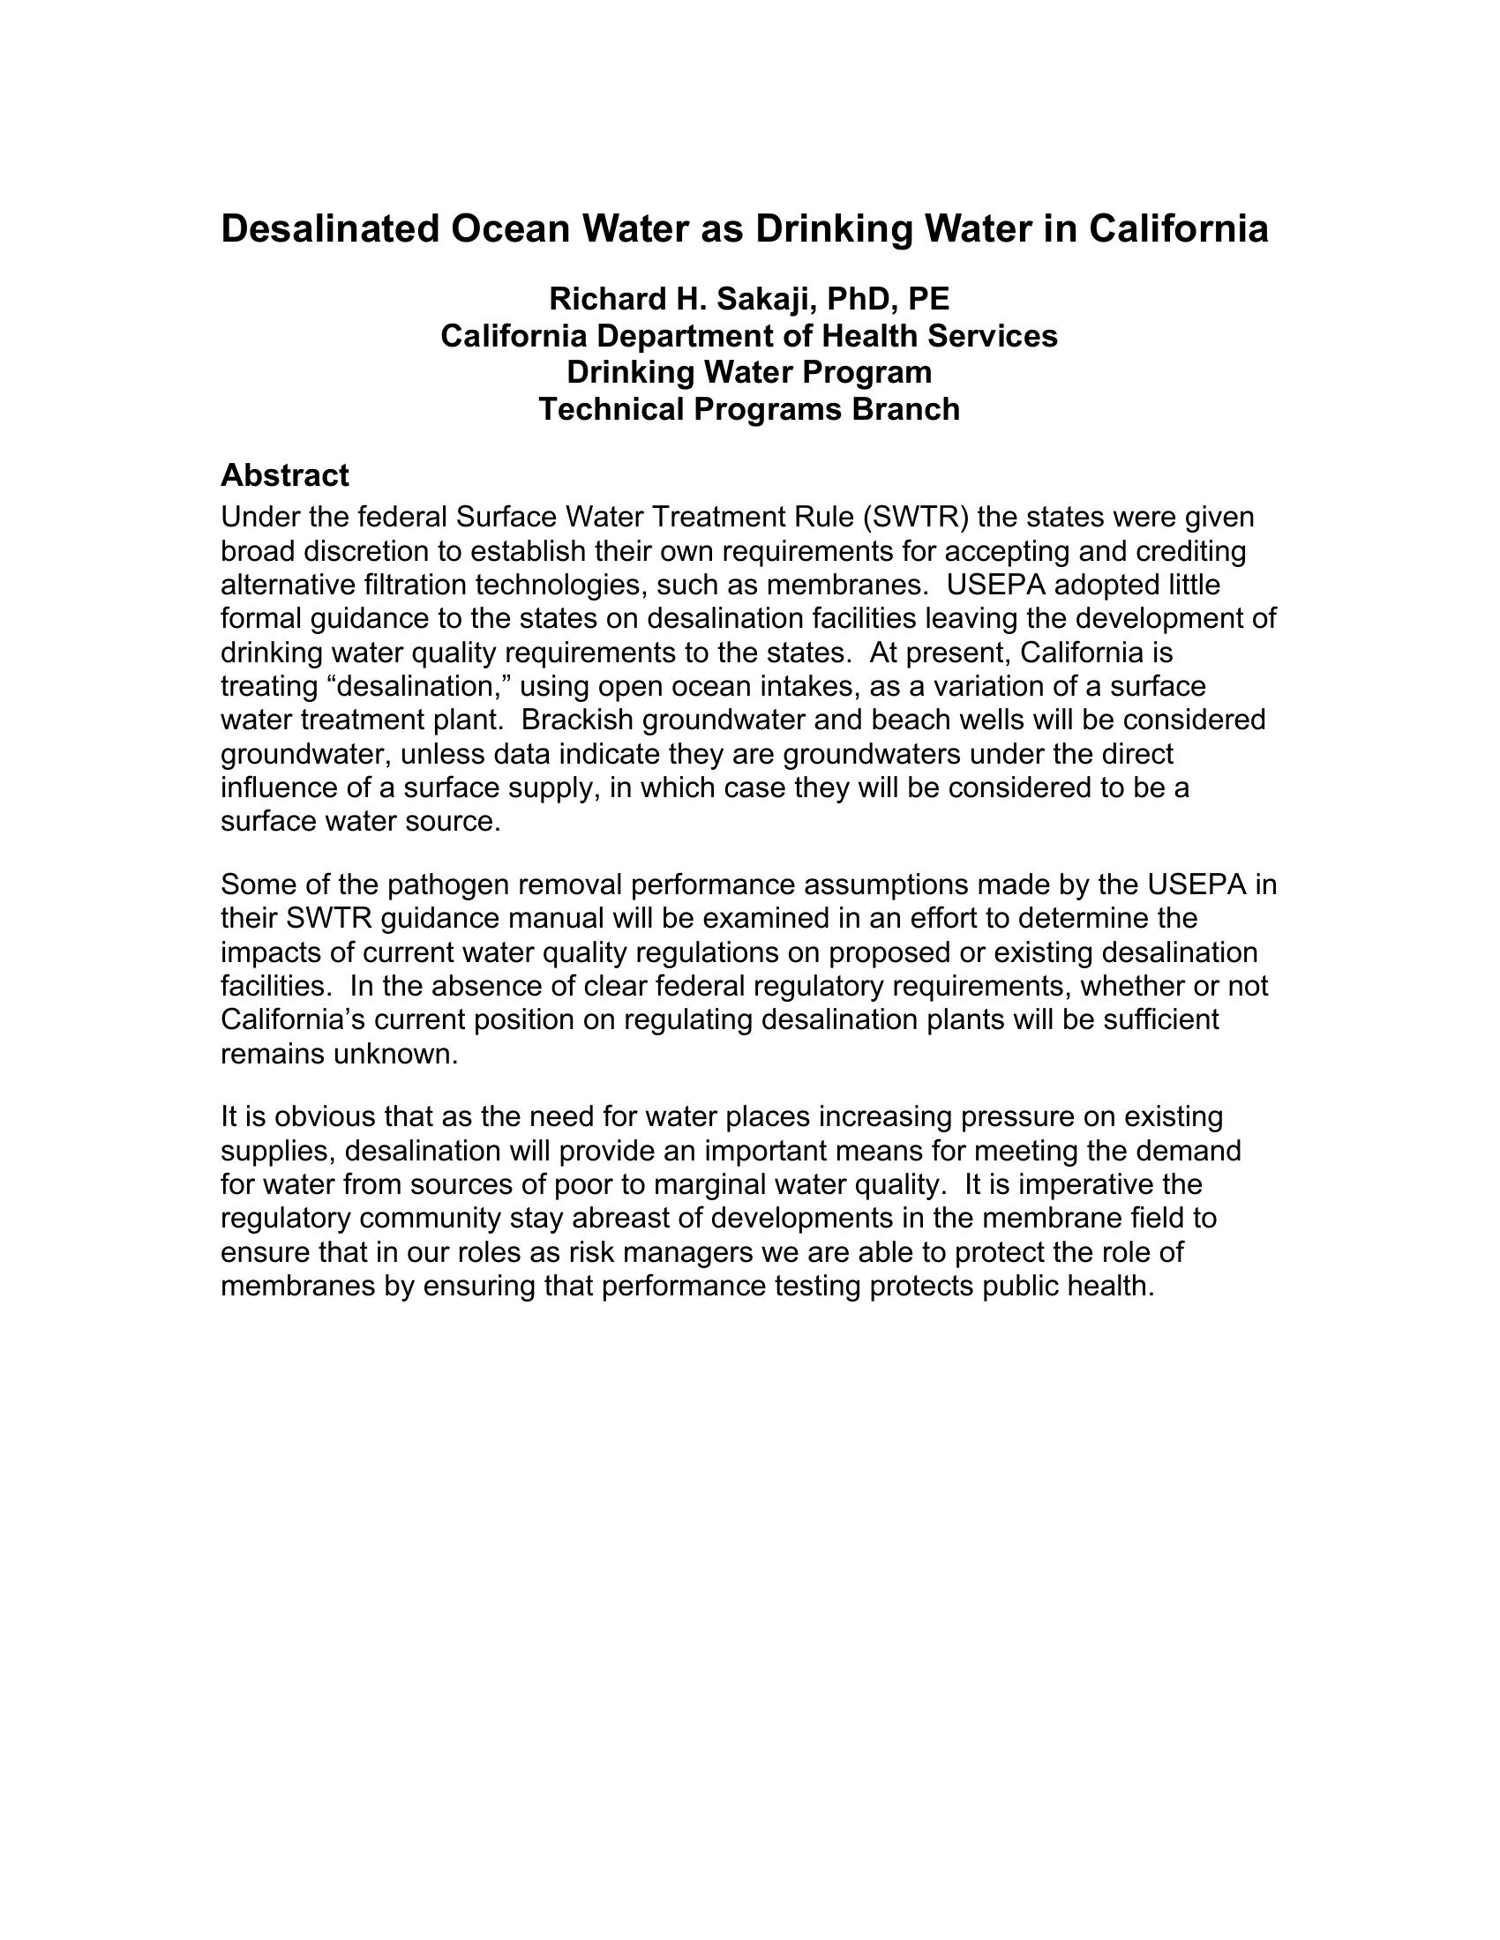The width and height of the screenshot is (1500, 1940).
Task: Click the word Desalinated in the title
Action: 330,229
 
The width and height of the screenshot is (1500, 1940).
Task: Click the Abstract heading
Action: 284,476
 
